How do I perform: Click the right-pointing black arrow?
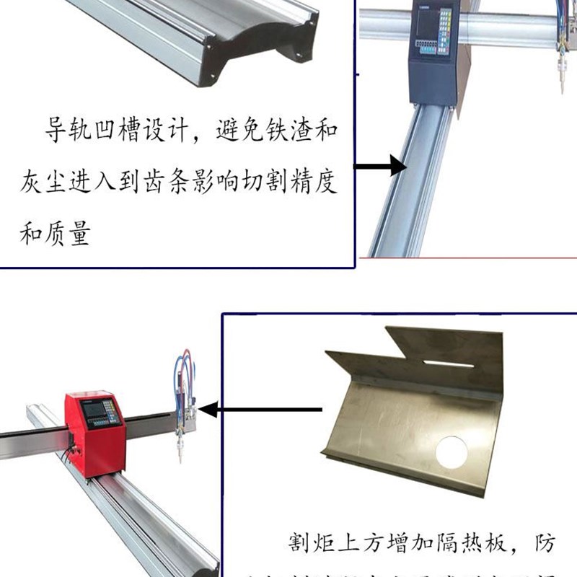point(382,166)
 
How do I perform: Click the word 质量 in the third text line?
point(72,232)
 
